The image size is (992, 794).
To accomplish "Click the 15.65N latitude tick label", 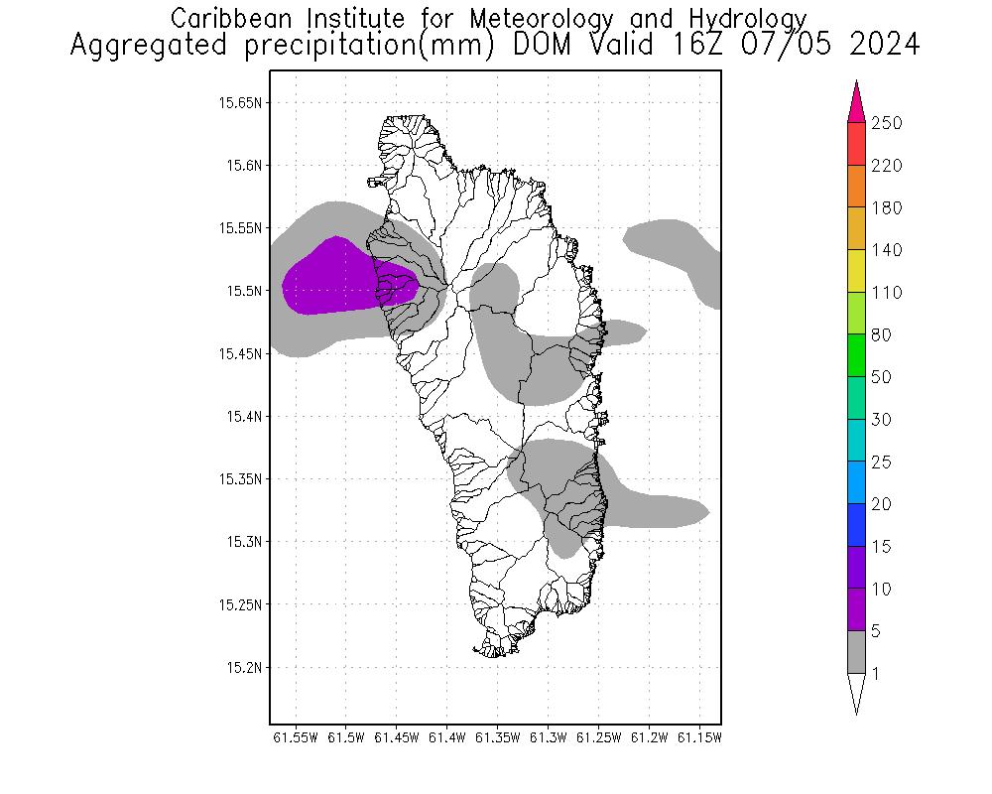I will [241, 102].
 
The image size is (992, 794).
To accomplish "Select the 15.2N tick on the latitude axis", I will [244, 667].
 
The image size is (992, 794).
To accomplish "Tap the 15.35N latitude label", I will [241, 479].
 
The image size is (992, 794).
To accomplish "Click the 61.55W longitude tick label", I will [295, 737].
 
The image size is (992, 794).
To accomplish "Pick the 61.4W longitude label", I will [446, 737].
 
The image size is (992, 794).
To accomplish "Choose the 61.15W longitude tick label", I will [699, 737].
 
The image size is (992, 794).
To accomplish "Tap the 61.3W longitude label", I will [548, 737].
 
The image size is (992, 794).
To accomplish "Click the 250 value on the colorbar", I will [886, 124].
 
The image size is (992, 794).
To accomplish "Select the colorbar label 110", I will [886, 294].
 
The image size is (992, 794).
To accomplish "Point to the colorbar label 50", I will [882, 378].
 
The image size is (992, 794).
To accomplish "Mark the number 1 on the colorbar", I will [874, 674].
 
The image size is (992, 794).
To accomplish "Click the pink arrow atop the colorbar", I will [857, 102].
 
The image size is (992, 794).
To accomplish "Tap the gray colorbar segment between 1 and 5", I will [857, 653].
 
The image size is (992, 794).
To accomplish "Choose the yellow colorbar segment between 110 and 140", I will [857, 271].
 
